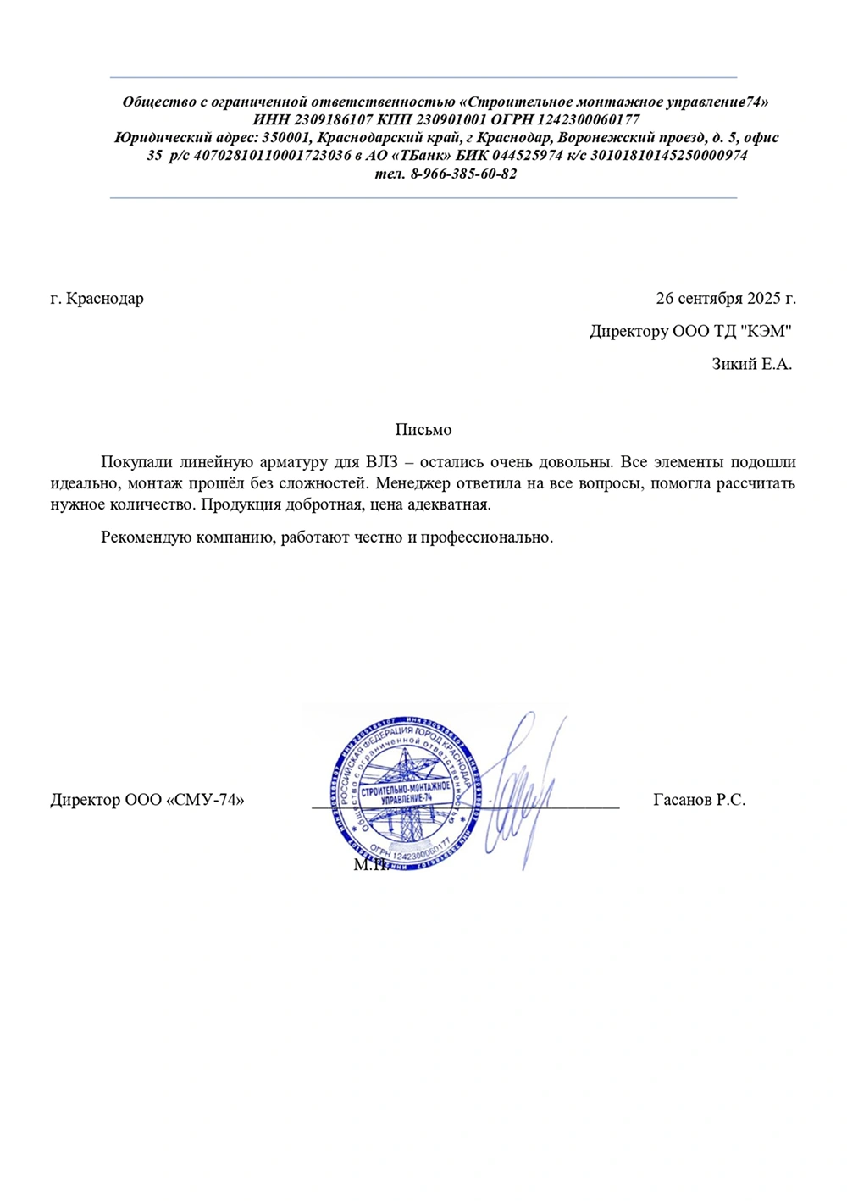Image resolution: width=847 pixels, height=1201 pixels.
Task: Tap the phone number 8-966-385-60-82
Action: pyautogui.click(x=463, y=174)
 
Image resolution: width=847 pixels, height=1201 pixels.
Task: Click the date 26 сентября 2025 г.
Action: pyautogui.click(x=726, y=299)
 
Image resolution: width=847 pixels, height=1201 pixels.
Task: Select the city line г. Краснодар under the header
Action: pyautogui.click(x=97, y=299)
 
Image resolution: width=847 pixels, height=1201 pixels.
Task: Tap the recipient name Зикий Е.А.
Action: pyautogui.click(x=751, y=365)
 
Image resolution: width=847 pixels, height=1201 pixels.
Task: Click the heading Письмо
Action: pyautogui.click(x=423, y=431)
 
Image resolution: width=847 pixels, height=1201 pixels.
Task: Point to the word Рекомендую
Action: pyautogui.click(x=145, y=537)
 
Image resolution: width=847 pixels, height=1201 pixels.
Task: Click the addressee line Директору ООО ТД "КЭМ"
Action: pyautogui.click(x=690, y=332)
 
